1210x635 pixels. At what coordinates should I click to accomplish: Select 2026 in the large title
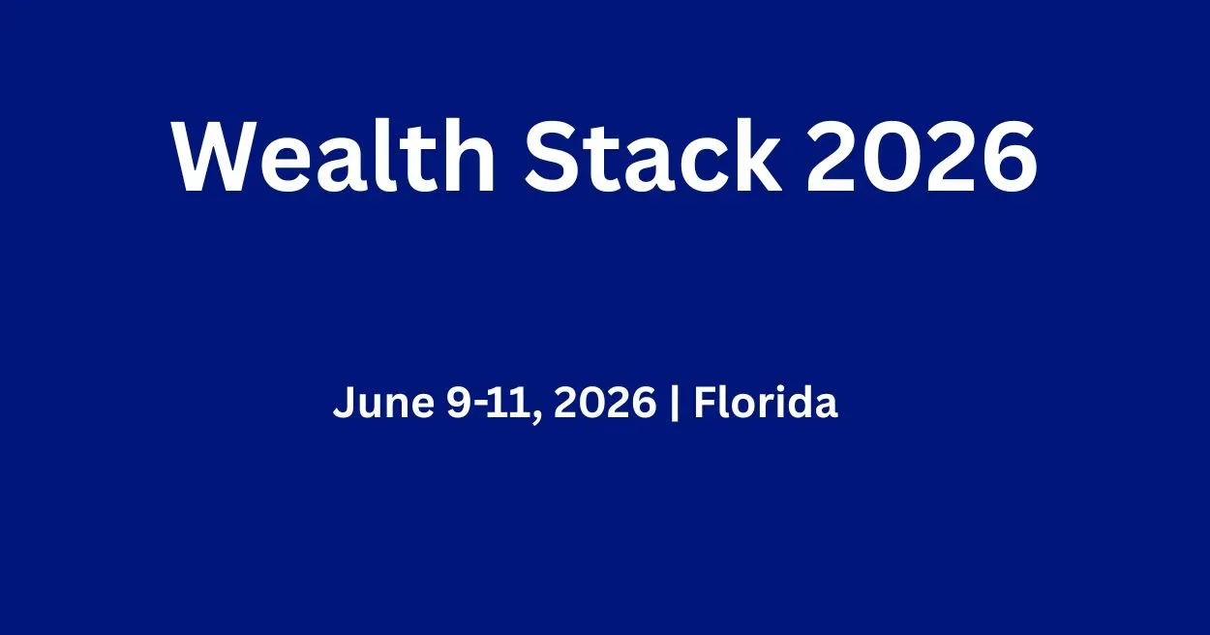(922, 157)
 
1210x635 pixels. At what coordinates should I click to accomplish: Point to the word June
(383, 403)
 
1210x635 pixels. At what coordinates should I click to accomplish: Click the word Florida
(766, 402)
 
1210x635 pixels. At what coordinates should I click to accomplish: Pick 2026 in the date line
(605, 403)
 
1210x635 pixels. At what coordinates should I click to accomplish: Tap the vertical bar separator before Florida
(674, 403)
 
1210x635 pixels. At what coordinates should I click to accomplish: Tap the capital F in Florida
(704, 402)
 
